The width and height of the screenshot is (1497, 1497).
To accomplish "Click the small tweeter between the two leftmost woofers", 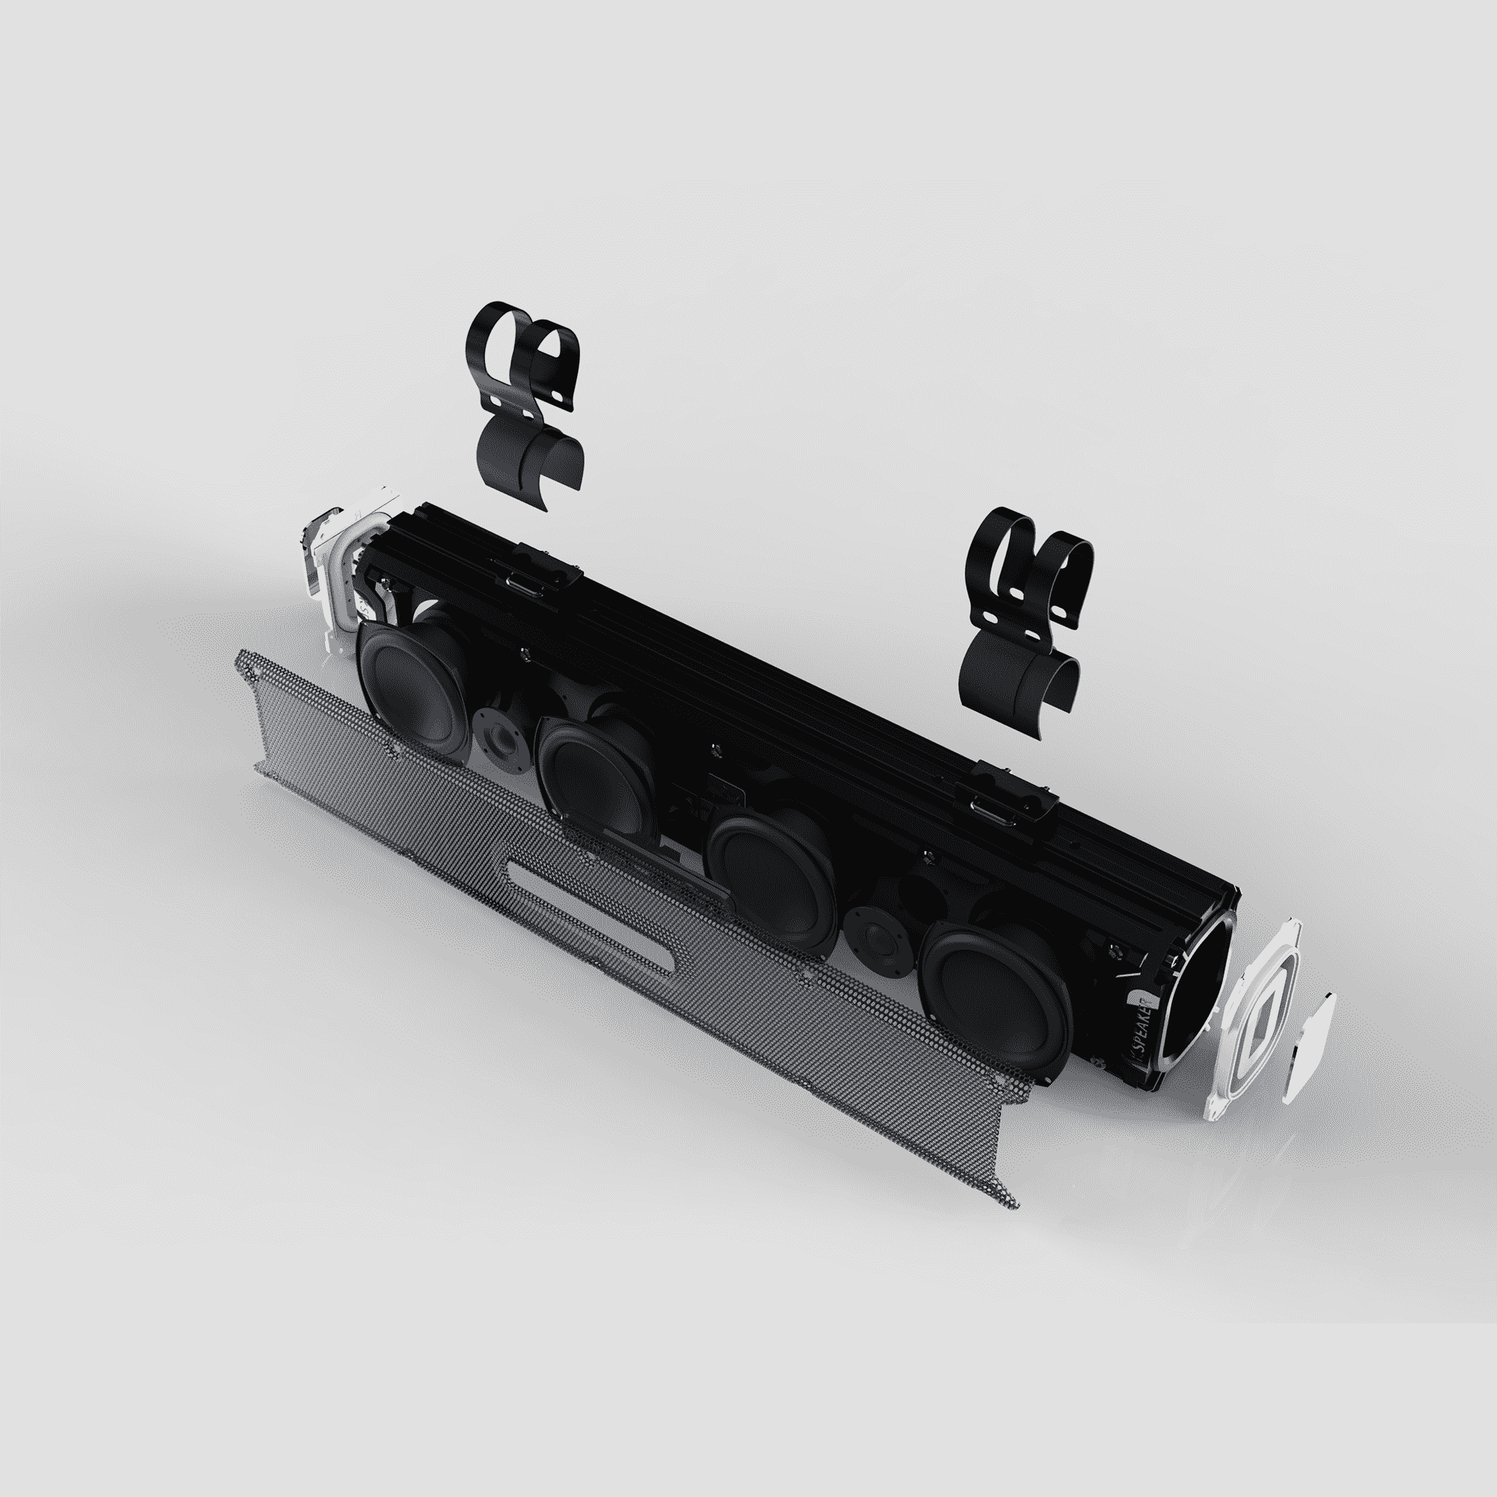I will coord(501,731).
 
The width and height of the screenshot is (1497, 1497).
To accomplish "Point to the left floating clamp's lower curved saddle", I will coord(534,457).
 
